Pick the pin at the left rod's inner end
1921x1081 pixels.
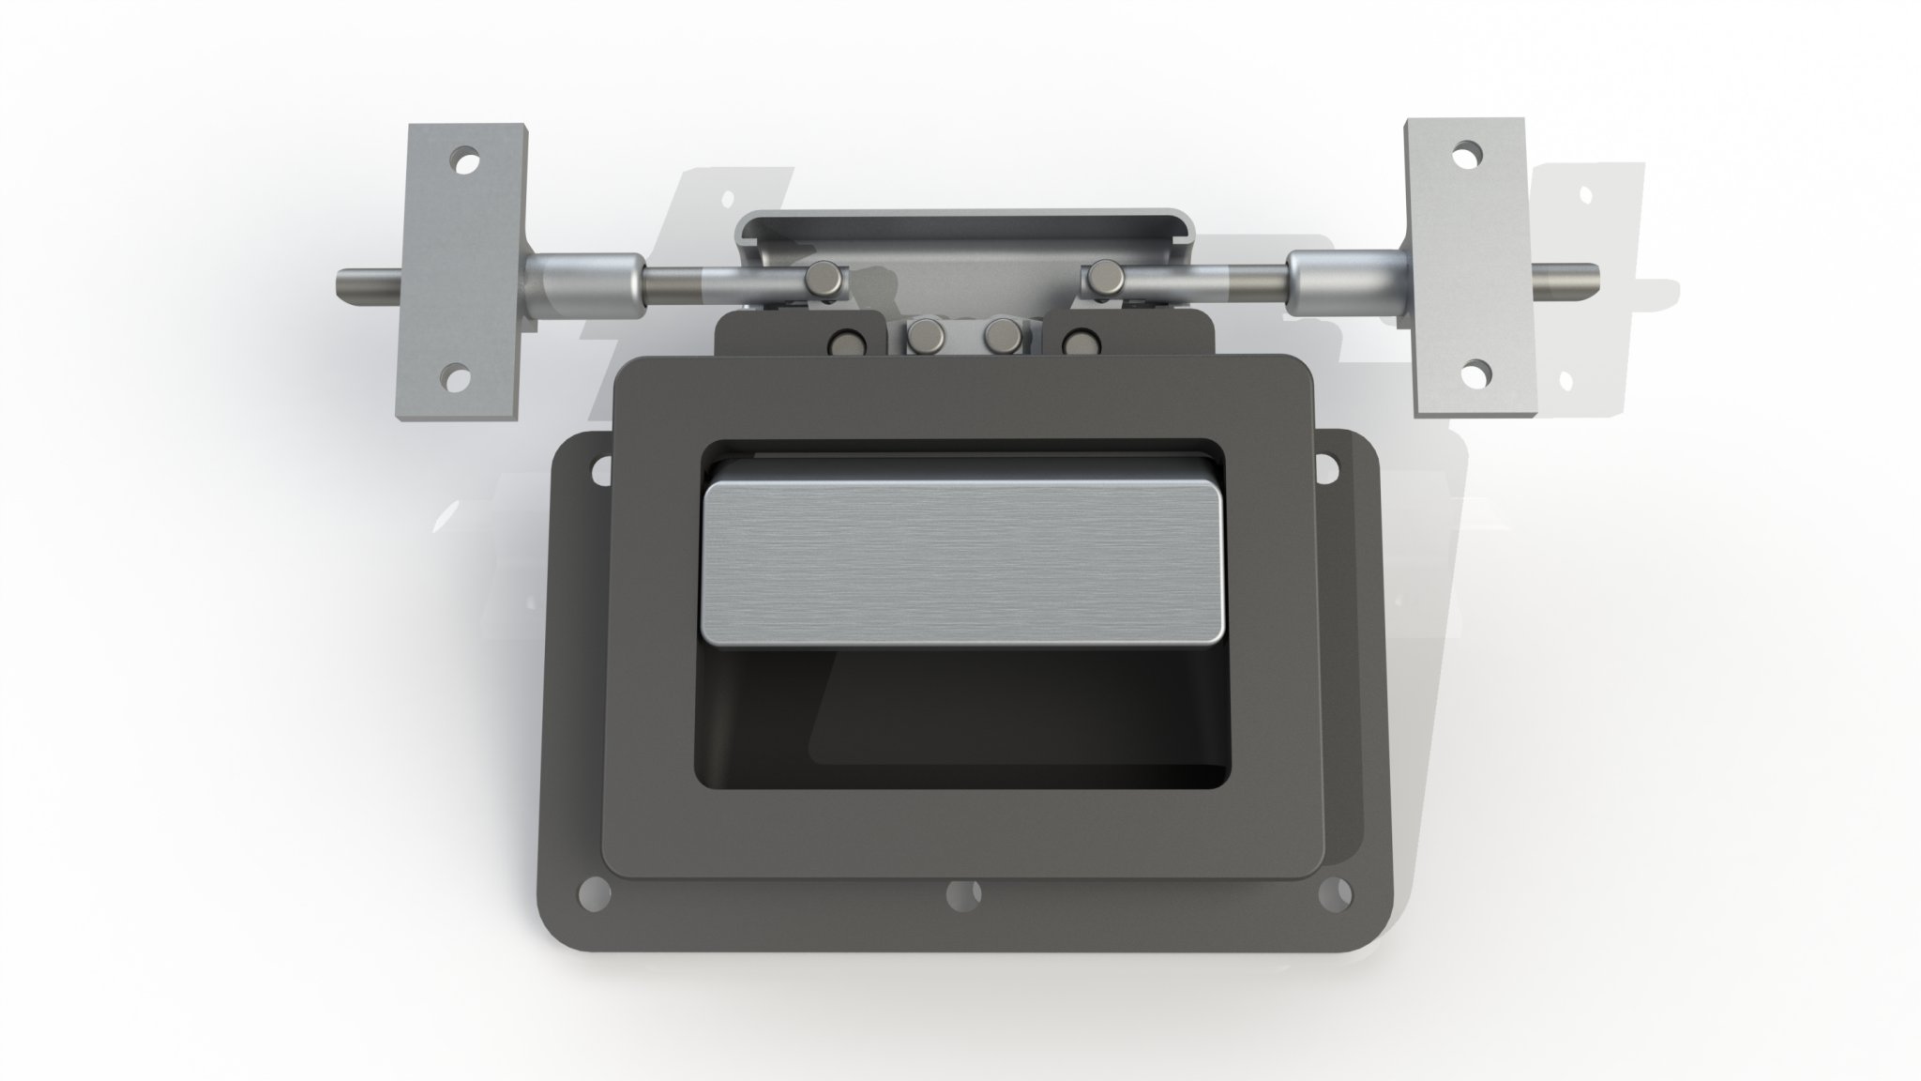coord(825,281)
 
